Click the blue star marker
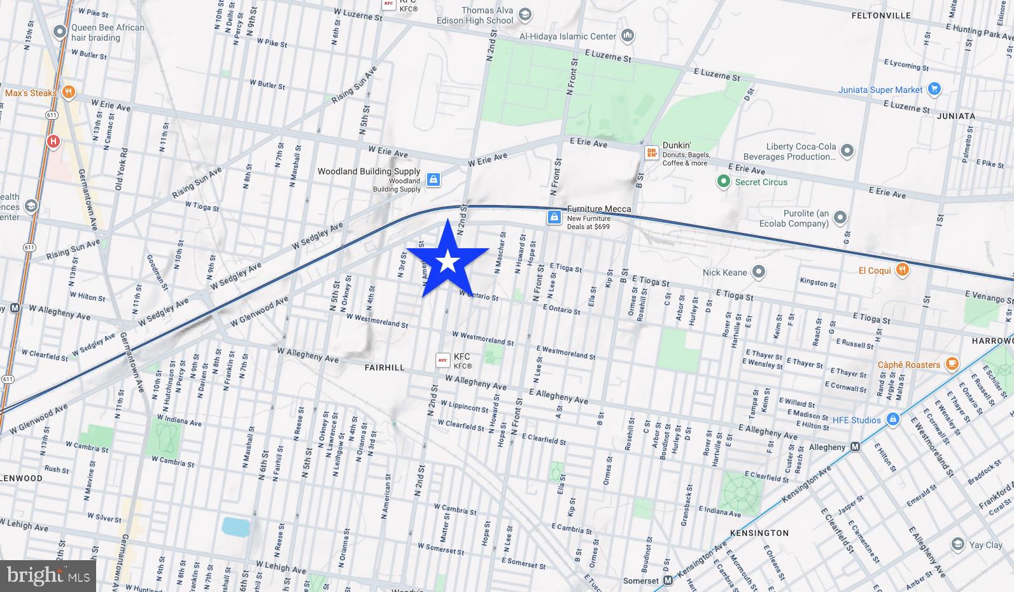click(448, 261)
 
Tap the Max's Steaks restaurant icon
click(69, 93)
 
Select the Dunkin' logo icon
click(651, 153)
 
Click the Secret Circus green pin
click(723, 182)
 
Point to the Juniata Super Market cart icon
click(934, 89)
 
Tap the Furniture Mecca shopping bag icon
click(554, 218)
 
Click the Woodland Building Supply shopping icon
click(433, 180)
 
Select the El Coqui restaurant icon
click(902, 270)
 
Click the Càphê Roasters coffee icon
click(952, 364)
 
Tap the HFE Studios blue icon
click(893, 419)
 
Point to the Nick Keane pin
click(758, 272)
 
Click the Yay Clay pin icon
click(958, 544)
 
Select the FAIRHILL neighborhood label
click(384, 367)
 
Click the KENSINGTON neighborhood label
click(759, 533)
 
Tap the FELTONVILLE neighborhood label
click(880, 15)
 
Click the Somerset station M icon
click(668, 581)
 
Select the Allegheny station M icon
click(856, 447)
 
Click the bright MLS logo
click(48, 576)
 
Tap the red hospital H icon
click(53, 141)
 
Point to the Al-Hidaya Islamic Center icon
click(628, 36)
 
